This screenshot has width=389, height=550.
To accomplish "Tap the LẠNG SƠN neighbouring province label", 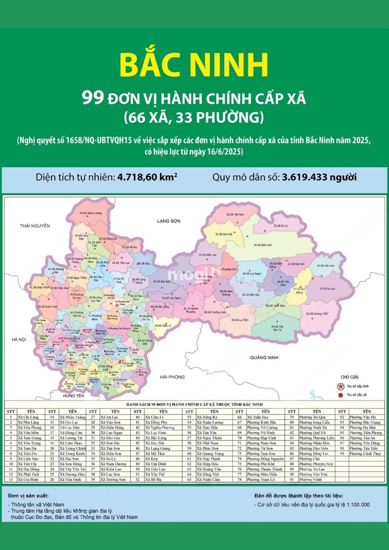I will point(169,221).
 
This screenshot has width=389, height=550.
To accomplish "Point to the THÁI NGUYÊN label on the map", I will point(35,226).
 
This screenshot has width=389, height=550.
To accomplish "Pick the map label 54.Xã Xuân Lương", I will point(94,213).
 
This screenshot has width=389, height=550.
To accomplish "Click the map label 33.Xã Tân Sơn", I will point(235,214).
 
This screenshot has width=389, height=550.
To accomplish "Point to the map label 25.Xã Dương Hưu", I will point(317,314).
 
